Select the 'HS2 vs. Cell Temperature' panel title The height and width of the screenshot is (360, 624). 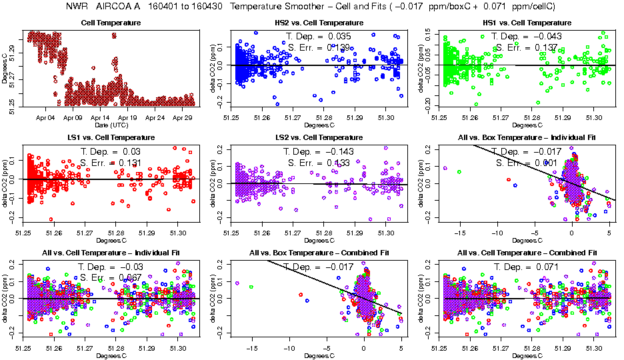(319, 23)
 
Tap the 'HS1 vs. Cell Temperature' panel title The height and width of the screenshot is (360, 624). (527, 23)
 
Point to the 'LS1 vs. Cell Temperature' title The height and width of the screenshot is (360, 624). (111, 138)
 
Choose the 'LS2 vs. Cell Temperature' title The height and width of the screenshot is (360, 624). (319, 138)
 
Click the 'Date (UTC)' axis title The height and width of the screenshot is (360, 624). (111, 125)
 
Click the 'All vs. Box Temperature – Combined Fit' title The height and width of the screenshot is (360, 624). (319, 253)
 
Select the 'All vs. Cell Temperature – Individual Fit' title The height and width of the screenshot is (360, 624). (111, 253)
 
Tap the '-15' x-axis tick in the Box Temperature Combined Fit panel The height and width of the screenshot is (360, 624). (251, 348)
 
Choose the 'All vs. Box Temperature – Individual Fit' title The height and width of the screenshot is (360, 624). (527, 138)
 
